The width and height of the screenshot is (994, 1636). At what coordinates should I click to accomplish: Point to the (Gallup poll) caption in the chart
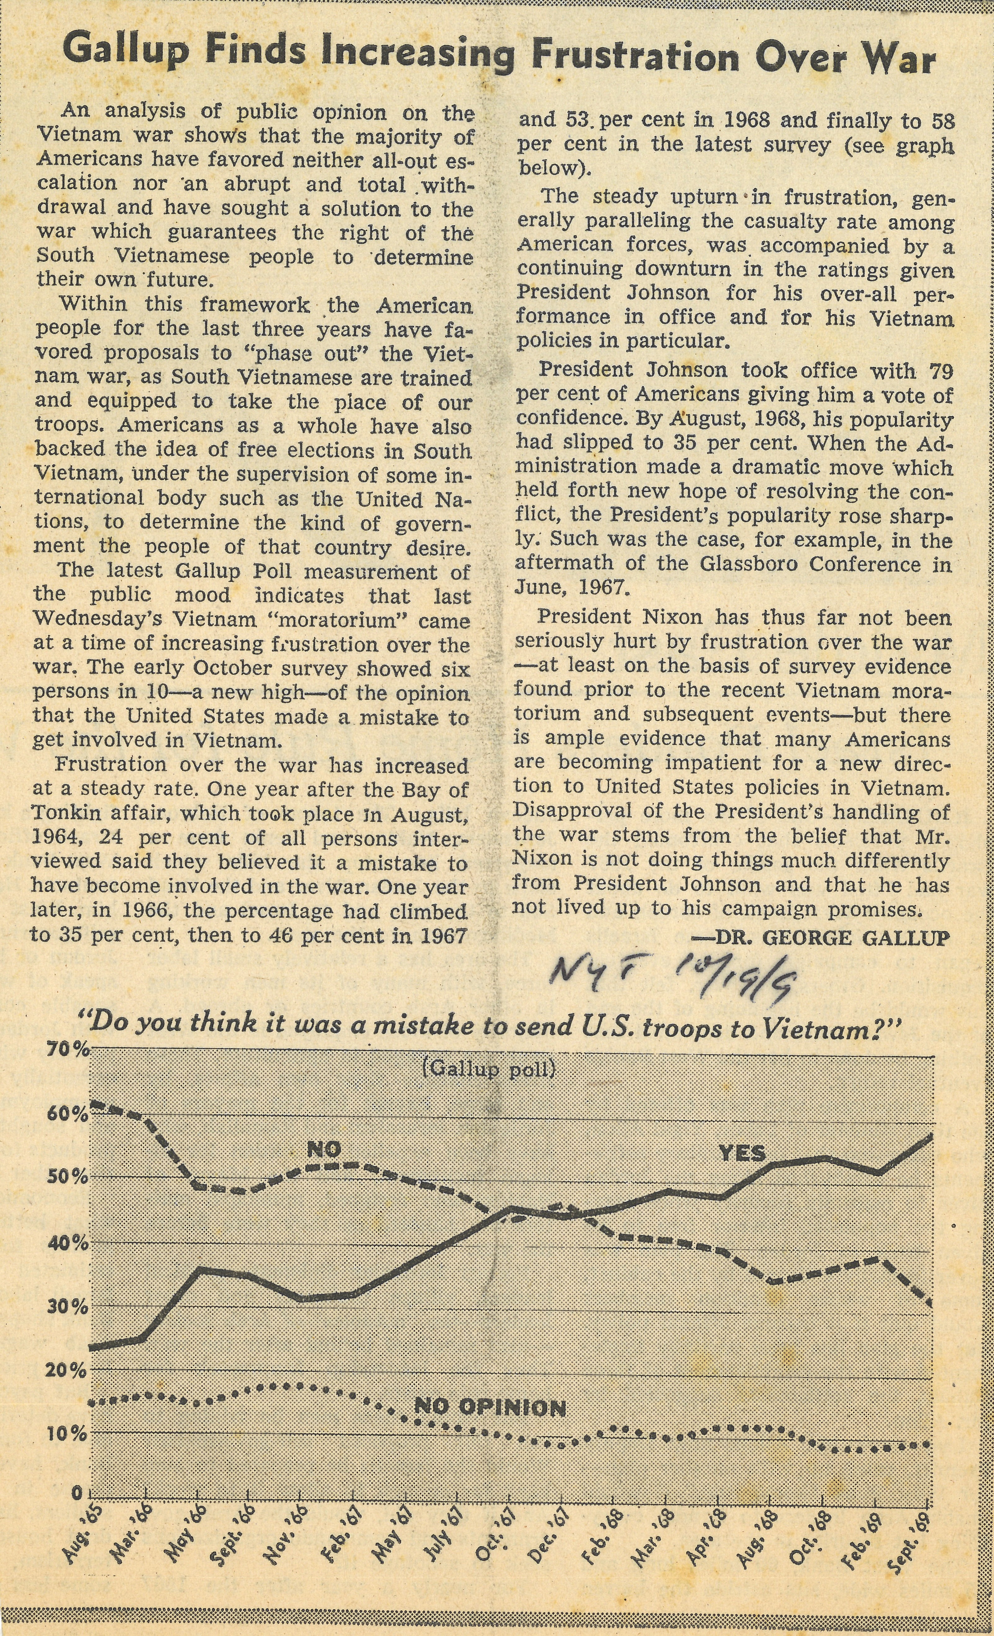pyautogui.click(x=489, y=1070)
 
